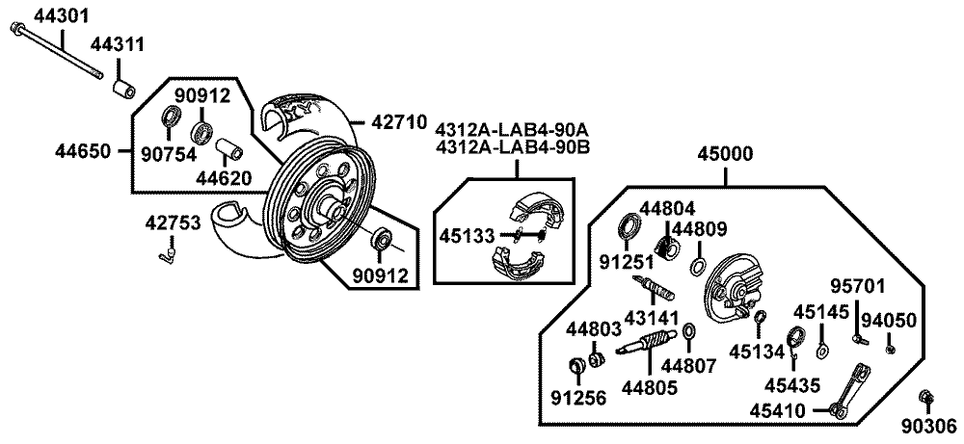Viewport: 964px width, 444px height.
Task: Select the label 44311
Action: [x=118, y=44]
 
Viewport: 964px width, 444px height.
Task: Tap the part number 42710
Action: [x=397, y=122]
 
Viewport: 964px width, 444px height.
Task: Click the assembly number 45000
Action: [x=727, y=154]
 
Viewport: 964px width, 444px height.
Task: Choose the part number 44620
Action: [x=226, y=177]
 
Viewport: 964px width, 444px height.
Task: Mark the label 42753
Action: [x=174, y=223]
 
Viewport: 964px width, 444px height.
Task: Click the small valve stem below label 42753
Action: [x=165, y=254]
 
